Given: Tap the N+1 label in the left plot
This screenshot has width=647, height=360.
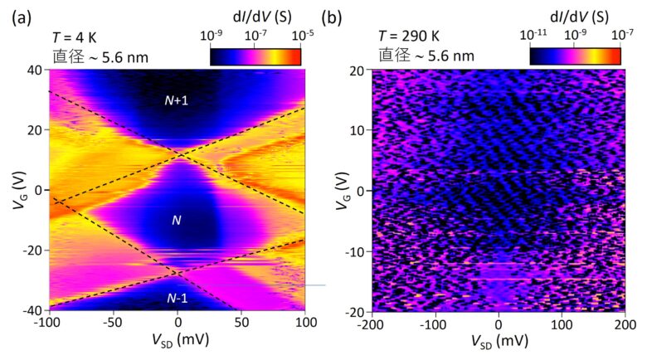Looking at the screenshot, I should click(178, 101).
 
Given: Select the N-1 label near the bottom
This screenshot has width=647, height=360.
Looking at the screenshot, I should click(177, 298).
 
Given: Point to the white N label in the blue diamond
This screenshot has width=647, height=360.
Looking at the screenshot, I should click(176, 220).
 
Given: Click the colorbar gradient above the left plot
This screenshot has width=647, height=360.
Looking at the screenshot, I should click(255, 56).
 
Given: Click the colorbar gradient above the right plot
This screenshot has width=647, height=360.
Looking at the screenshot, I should click(575, 56).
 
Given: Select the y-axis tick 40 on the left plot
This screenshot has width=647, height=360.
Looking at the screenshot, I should click(36, 70).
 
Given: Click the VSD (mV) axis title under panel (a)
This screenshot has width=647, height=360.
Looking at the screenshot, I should click(177, 341).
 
